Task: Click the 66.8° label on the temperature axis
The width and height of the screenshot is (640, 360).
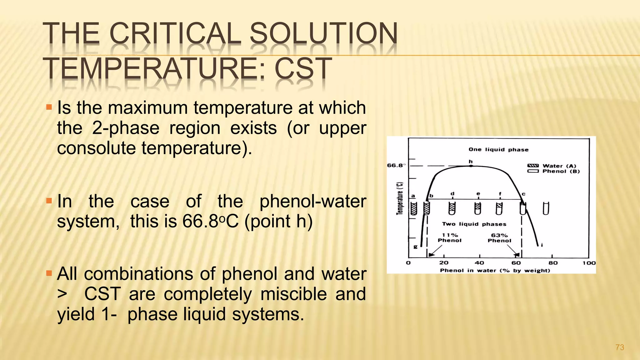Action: tap(396, 165)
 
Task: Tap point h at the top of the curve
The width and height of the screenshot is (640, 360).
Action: tap(471, 166)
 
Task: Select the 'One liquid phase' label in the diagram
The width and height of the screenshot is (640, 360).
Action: tap(498, 150)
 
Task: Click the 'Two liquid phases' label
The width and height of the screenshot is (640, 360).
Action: tap(474, 224)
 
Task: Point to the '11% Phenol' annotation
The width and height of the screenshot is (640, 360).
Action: tap(450, 238)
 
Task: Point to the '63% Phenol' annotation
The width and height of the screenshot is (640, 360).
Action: tap(499, 238)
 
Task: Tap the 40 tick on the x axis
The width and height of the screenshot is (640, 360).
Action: tap(479, 263)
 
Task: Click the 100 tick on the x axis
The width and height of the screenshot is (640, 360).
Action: tap(589, 263)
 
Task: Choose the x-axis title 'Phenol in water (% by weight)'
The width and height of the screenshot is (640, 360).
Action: tap(495, 270)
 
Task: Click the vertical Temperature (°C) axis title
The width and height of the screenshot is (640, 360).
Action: tap(400, 198)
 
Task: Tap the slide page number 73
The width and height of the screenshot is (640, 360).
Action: tap(619, 347)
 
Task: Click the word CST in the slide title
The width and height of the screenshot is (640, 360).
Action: tap(303, 68)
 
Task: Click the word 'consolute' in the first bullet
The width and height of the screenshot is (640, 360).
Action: tap(96, 148)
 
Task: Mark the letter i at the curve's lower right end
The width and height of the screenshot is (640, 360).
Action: tap(542, 245)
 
